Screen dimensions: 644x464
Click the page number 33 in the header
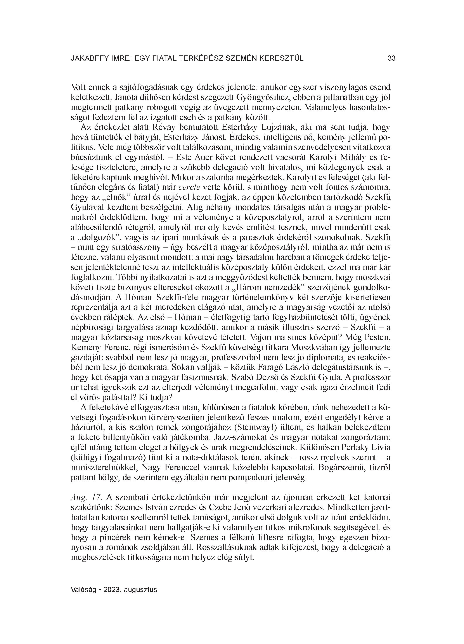click(x=391, y=58)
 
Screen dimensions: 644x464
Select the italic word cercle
click(x=189, y=187)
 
